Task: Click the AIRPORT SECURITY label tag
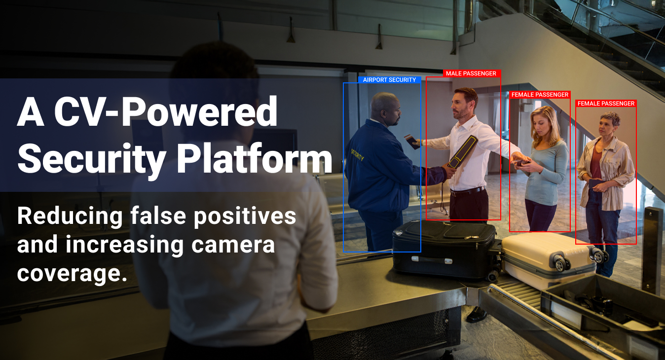click(389, 80)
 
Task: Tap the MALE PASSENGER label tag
click(471, 73)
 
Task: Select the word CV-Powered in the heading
click(166, 112)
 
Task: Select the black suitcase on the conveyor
click(444, 249)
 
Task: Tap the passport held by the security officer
click(411, 141)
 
